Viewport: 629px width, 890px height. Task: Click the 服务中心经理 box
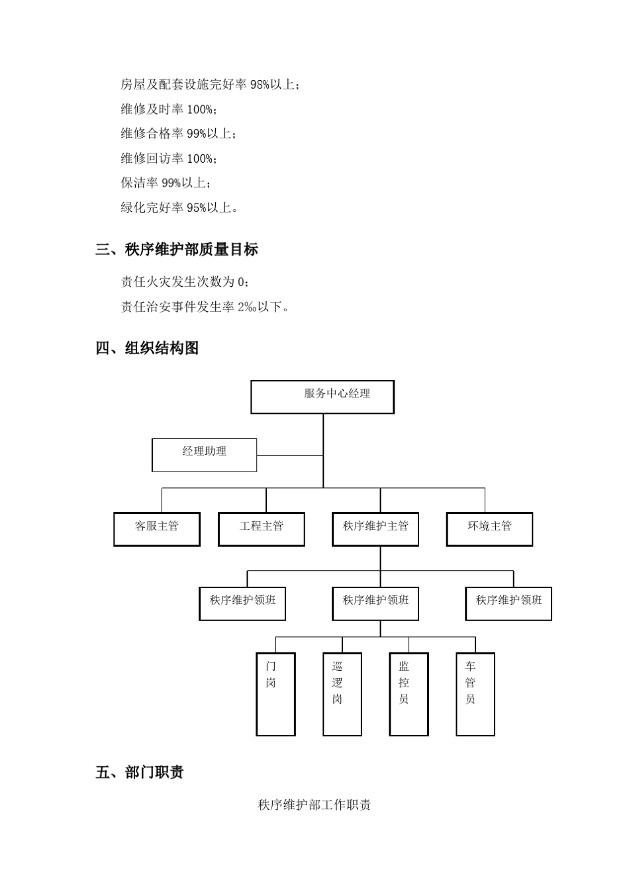tap(322, 397)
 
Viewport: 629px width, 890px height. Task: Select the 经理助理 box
tap(204, 455)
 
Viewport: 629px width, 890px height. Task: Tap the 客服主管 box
tap(157, 528)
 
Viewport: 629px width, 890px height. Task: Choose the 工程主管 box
tap(262, 528)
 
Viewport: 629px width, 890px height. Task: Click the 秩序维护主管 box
tap(375, 528)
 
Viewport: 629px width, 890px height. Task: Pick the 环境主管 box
tap(489, 528)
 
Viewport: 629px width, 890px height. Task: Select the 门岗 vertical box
tap(275, 694)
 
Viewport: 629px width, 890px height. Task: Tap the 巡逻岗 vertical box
tap(342, 694)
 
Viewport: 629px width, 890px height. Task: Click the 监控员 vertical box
tap(409, 694)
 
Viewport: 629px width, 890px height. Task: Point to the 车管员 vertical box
tap(475, 694)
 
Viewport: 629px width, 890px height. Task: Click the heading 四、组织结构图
tap(147, 348)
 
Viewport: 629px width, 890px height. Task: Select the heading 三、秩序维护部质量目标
tap(177, 250)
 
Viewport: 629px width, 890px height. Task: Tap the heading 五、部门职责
tap(140, 772)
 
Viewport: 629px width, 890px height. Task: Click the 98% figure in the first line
tap(260, 85)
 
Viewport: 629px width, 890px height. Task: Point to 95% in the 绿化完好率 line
tap(196, 208)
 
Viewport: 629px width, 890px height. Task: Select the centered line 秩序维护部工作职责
tap(314, 805)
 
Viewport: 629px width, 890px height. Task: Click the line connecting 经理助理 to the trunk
tap(289, 456)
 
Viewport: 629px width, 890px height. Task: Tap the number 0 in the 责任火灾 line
tap(241, 283)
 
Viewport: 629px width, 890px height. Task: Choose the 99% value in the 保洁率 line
tap(171, 183)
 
